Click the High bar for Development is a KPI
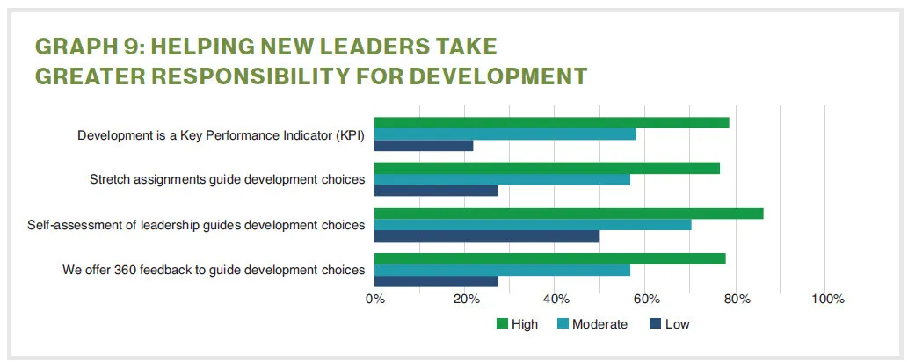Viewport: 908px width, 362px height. click(551, 123)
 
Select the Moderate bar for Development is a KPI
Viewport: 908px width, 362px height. click(505, 134)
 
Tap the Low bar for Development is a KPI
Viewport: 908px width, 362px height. click(424, 146)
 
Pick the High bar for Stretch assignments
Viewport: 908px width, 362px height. click(547, 168)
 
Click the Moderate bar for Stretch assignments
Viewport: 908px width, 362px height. click(502, 179)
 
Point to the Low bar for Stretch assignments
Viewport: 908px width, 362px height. click(436, 191)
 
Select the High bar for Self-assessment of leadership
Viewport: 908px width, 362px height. click(569, 214)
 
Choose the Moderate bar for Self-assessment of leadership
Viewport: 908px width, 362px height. click(533, 225)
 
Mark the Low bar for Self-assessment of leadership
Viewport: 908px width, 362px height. click(487, 236)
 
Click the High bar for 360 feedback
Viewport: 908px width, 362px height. click(549, 258)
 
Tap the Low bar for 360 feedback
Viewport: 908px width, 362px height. click(436, 281)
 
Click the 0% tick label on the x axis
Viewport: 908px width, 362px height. click(375, 300)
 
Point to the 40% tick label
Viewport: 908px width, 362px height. click(555, 300)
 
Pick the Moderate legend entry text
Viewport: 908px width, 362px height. click(599, 324)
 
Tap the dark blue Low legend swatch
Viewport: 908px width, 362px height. click(654, 324)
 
